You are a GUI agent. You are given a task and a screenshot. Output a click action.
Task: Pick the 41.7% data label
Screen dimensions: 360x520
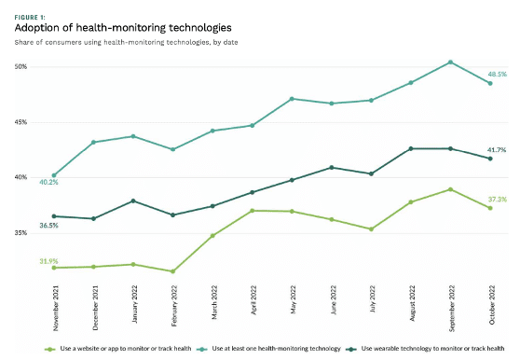(x=498, y=149)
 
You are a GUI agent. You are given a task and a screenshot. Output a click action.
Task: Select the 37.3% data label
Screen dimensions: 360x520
(x=498, y=199)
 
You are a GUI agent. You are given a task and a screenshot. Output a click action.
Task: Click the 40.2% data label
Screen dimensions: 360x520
(x=48, y=182)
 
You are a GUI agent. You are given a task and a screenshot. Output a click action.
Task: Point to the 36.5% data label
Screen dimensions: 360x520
(x=48, y=225)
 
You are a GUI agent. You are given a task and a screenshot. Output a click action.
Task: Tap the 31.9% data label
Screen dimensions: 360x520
(x=48, y=260)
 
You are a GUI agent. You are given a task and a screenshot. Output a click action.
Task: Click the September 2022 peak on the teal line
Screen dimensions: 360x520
(x=451, y=62)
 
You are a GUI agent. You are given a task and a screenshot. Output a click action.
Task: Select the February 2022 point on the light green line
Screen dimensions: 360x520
(x=173, y=271)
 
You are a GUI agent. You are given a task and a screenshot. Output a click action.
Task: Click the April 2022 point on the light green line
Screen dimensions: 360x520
(x=253, y=211)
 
